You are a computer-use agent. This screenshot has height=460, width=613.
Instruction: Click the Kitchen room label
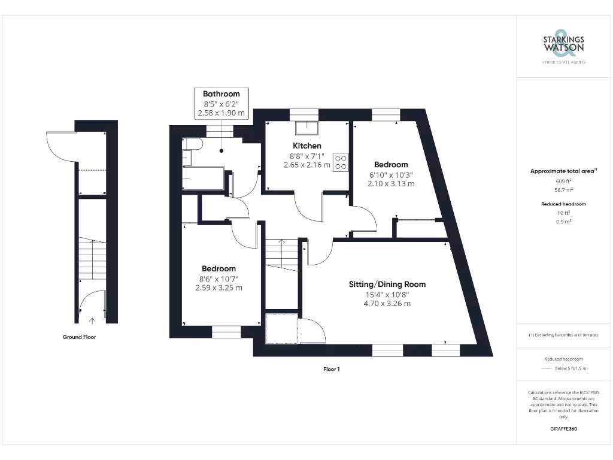click(x=306, y=146)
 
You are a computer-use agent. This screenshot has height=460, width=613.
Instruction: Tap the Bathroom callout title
click(x=221, y=93)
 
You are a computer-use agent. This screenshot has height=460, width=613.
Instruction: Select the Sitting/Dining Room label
click(x=387, y=284)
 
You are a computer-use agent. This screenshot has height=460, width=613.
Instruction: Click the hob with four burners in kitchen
click(x=341, y=162)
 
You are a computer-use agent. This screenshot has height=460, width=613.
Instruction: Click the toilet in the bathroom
click(x=193, y=144)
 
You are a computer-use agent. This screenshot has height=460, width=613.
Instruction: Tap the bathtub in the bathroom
click(x=204, y=178)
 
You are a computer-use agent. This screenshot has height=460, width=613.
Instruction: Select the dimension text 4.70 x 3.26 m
click(x=387, y=304)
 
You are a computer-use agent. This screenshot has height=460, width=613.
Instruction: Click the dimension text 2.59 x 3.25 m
click(x=219, y=287)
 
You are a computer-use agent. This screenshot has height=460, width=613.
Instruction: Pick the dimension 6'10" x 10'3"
click(x=391, y=174)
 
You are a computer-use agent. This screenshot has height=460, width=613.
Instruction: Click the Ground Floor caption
click(x=79, y=337)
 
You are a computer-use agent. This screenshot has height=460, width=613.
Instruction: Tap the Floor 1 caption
click(x=331, y=370)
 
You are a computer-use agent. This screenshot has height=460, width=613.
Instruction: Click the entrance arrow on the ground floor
click(x=92, y=321)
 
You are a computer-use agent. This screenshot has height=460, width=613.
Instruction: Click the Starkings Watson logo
click(x=563, y=46)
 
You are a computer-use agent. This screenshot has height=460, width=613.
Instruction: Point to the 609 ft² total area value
click(x=563, y=181)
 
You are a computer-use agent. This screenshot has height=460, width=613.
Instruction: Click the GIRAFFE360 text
click(x=563, y=429)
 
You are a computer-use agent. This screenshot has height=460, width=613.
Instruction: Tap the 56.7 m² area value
click(x=563, y=189)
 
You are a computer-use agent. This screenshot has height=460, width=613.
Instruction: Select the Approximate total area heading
click(x=563, y=171)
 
